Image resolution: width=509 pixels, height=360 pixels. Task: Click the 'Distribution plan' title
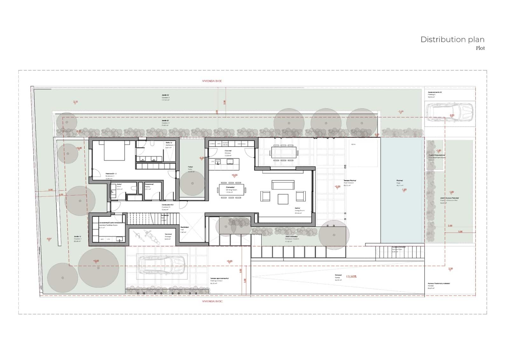click(x=452, y=39)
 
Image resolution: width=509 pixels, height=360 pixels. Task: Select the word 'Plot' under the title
click(x=480, y=48)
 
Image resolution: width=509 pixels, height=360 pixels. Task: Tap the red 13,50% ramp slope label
click(x=351, y=276)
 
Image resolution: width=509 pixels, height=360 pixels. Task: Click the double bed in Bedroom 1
click(x=114, y=151)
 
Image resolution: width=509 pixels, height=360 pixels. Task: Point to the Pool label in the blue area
click(x=399, y=182)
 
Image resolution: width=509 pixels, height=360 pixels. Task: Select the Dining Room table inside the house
click(x=232, y=190)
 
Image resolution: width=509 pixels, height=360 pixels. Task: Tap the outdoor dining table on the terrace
click(x=284, y=152)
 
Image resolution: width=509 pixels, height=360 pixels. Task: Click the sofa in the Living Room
click(x=283, y=185)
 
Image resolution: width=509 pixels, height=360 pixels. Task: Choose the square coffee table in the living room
click(x=283, y=199)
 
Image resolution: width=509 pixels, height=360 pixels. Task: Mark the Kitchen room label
click(x=228, y=152)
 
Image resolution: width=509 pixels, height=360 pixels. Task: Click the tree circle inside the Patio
click(x=192, y=183)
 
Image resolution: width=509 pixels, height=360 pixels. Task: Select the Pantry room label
click(x=149, y=186)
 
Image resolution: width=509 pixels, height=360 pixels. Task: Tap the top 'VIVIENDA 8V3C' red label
click(x=212, y=81)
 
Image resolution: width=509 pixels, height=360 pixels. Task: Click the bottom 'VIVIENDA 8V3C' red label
click(x=212, y=301)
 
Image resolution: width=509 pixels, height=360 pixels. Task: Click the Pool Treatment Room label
click(x=436, y=156)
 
